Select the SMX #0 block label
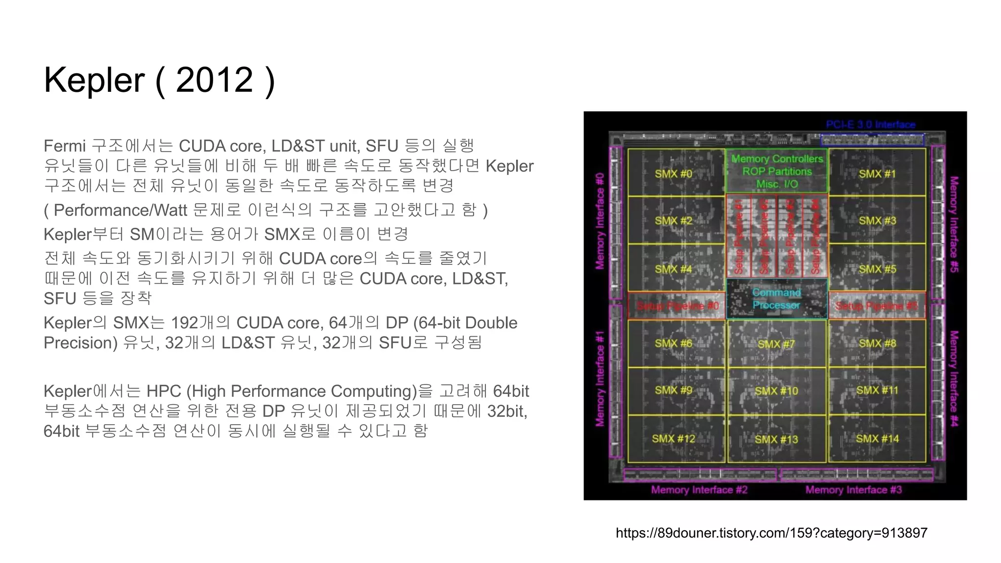[674, 173]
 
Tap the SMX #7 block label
[776, 344]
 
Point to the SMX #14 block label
[877, 438]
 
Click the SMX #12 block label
[673, 438]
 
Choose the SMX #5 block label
[877, 269]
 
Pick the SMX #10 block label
[776, 391]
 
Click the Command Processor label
[776, 299]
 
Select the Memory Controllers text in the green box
[777, 159]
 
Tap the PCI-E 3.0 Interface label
[870, 125]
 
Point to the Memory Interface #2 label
[699, 490]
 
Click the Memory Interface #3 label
[853, 490]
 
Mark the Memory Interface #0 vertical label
[600, 221]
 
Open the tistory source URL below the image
[771, 533]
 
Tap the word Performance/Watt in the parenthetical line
[120, 210]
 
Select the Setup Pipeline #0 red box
[677, 306]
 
